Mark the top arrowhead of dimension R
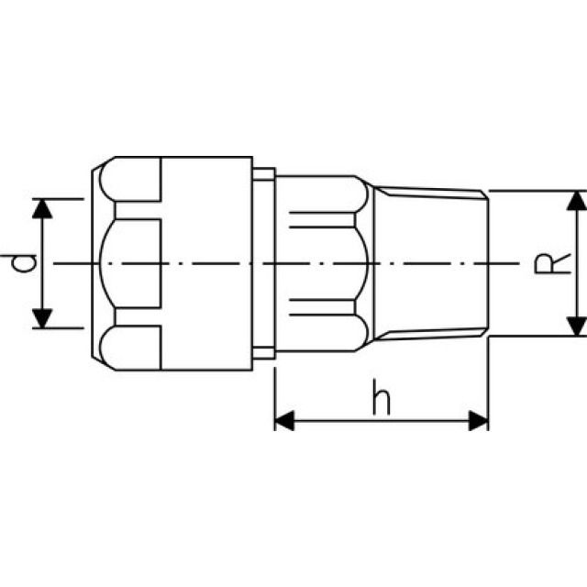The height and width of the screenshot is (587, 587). [576, 202]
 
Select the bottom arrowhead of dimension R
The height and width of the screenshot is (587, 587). [576, 326]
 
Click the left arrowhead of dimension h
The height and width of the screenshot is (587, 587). [285, 421]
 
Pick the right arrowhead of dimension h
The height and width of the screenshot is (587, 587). [478, 421]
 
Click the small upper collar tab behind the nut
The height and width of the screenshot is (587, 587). [264, 174]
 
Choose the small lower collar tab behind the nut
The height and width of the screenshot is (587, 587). [264, 353]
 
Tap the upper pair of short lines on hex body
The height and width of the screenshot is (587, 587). [321, 219]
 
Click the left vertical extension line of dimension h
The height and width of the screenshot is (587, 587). [275, 394]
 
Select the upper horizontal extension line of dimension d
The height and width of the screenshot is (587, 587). [64, 198]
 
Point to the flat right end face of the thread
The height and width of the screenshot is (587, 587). [488, 264]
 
